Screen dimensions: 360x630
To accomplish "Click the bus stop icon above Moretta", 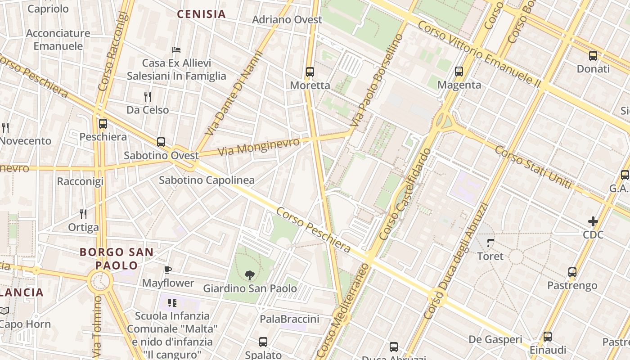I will [x=310, y=72].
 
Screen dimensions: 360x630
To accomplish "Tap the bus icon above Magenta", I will [x=459, y=71].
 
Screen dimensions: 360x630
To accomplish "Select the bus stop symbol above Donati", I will [x=593, y=56].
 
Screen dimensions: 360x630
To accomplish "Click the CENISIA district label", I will [x=201, y=14].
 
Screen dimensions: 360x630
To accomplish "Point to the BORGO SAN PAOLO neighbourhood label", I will [x=117, y=259].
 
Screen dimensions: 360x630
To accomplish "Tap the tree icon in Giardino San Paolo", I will [x=249, y=275].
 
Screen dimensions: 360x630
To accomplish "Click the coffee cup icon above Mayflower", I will [x=168, y=270].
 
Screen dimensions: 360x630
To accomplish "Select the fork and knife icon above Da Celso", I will [x=147, y=96].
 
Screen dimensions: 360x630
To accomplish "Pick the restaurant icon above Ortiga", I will [x=83, y=214].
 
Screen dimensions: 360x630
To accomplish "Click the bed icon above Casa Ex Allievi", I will [x=176, y=49].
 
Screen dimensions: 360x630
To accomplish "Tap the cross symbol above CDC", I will [x=593, y=221].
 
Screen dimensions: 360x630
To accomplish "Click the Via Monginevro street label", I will [x=259, y=147].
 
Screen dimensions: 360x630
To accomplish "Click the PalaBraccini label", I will [x=289, y=319].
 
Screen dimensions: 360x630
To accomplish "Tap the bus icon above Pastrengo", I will [x=572, y=272].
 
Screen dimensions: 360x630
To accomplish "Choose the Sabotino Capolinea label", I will [x=207, y=180].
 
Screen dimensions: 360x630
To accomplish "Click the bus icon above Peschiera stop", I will [x=103, y=123].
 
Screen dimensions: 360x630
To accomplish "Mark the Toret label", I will [x=490, y=256].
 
